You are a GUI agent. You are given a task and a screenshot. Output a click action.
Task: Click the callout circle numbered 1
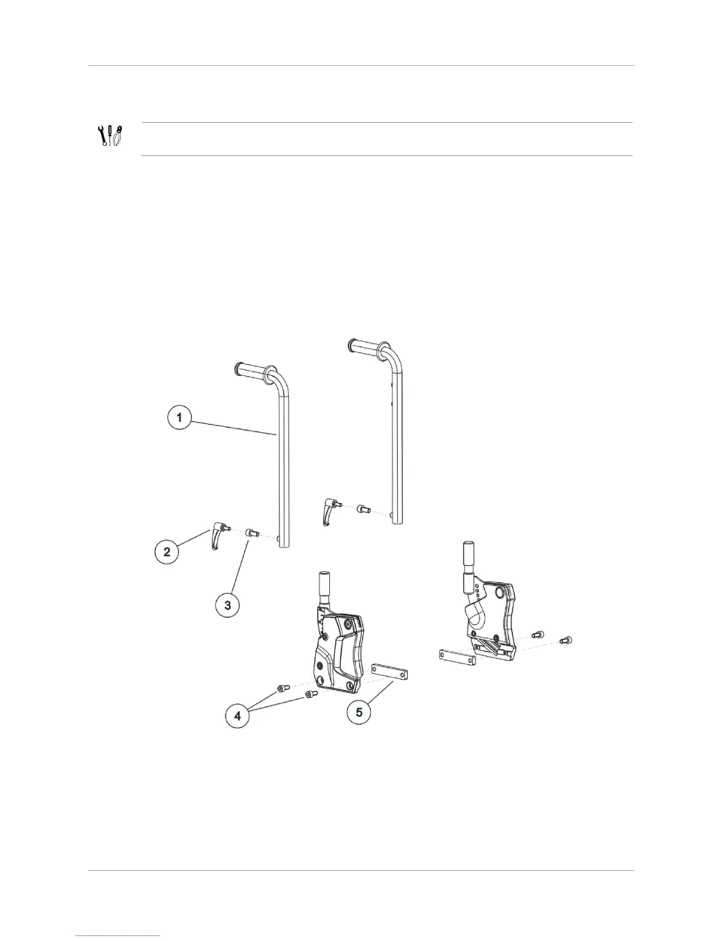pos(179,418)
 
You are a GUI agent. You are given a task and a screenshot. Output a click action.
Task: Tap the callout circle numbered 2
pos(167,551)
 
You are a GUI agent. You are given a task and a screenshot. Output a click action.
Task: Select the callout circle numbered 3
pos(227,605)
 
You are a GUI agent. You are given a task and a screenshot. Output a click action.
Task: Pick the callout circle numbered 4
pos(238,716)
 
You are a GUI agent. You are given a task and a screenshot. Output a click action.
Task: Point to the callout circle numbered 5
pos(359,711)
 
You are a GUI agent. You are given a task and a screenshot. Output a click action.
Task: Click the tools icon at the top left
pos(110,136)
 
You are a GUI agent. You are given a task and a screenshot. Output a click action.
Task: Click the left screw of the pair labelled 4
pos(282,689)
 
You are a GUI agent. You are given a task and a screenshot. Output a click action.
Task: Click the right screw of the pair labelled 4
pos(310,693)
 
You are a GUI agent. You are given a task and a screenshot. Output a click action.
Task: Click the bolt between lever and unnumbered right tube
pos(363,509)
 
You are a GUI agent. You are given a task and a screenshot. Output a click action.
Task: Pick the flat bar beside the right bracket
pos(457,656)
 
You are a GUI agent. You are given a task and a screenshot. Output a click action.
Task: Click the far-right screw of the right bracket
pos(566,640)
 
